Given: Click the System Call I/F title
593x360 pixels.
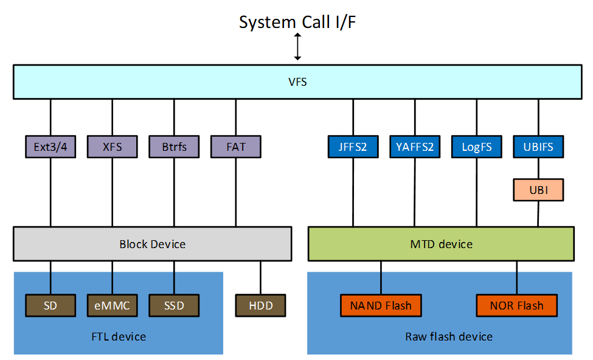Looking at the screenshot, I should (297, 22).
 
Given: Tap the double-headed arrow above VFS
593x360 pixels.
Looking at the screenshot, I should (297, 47).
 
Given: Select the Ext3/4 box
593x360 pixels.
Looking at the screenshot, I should (50, 147).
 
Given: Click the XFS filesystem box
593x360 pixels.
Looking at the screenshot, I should (113, 147).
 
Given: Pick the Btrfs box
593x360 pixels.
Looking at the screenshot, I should (175, 147).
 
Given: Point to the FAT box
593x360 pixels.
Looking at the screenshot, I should (236, 147).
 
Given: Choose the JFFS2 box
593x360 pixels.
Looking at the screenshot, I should (353, 147).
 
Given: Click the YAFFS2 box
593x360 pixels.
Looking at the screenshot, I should (415, 147).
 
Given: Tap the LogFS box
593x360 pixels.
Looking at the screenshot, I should (477, 147).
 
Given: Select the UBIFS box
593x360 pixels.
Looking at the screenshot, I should (538, 147).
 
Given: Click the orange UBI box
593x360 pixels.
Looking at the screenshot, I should (538, 190).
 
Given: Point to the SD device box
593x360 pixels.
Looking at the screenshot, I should (50, 305).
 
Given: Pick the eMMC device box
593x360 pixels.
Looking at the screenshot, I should (113, 305).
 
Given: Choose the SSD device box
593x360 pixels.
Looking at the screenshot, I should (175, 305).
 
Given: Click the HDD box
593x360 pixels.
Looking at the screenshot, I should (261, 305).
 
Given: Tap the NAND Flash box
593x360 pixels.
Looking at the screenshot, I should (381, 305).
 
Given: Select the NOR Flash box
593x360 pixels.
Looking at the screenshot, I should (517, 305).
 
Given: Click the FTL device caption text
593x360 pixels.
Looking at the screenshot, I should (119, 336).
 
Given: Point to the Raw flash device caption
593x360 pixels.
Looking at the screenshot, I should (449, 336).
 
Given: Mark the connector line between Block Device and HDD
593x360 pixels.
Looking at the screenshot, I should (261, 278).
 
